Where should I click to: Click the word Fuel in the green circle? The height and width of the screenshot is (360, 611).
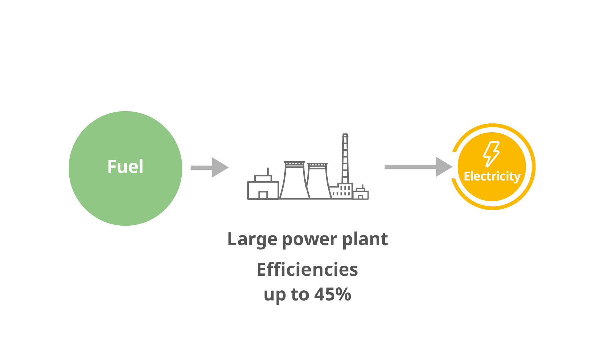[x=125, y=166]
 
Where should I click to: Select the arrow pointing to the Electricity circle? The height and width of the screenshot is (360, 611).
[x=419, y=167]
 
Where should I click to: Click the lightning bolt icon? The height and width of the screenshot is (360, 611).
[x=491, y=154]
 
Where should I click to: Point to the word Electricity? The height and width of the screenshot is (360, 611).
[x=492, y=176]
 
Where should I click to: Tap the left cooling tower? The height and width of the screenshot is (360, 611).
[x=294, y=182]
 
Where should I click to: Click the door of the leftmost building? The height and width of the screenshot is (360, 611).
[x=263, y=195]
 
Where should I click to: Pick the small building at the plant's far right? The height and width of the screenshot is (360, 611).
[x=361, y=194]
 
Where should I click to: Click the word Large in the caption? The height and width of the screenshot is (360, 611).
[x=252, y=239]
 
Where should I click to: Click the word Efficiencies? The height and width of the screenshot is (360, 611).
[x=307, y=269]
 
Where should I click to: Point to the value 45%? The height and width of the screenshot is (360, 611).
[x=333, y=294]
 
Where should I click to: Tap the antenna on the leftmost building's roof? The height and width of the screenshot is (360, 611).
[x=268, y=171]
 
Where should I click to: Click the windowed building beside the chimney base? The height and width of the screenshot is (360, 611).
[x=341, y=191]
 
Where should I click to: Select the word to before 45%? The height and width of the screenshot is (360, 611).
[x=300, y=294]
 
